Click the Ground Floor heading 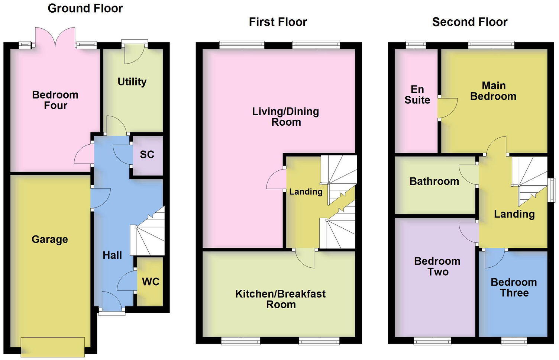pyautogui.click(x=85, y=8)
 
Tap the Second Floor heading pyautogui.click(x=469, y=22)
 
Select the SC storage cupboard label pyautogui.click(x=147, y=154)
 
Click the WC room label pyautogui.click(x=151, y=282)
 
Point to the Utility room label pyautogui.click(x=132, y=81)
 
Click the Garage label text pyautogui.click(x=50, y=239)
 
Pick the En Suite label pyautogui.click(x=417, y=94)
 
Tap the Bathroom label pyautogui.click(x=434, y=181)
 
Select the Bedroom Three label pyautogui.click(x=514, y=287)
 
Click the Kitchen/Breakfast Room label pyautogui.click(x=281, y=299)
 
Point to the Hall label pyautogui.click(x=112, y=255)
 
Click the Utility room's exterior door pyautogui.click(x=134, y=52)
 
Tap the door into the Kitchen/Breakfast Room pyautogui.click(x=306, y=257)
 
